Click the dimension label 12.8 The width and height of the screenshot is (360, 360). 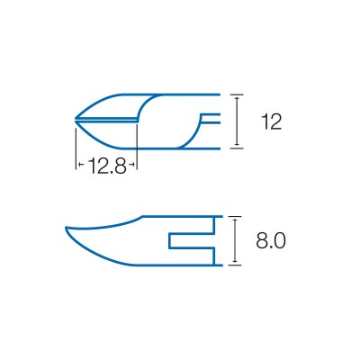[107, 166]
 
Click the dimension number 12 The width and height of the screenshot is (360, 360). [271, 121]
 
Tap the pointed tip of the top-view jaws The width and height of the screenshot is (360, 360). [76, 119]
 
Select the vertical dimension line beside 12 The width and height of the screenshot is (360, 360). [237, 121]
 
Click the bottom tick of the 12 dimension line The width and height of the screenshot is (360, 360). [237, 148]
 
